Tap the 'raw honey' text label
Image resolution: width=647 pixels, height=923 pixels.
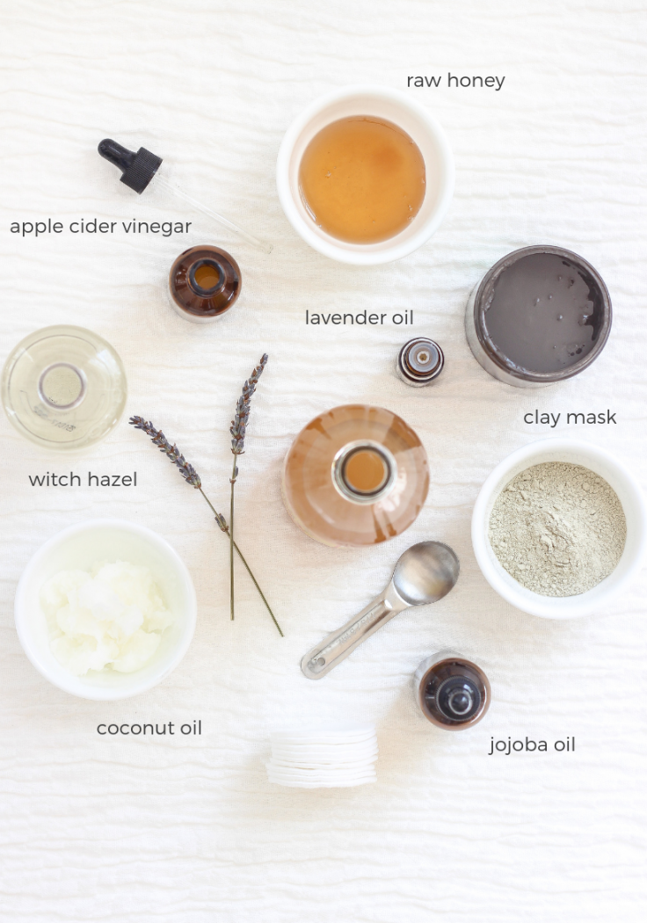(455, 81)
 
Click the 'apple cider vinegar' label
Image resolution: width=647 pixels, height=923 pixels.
(100, 227)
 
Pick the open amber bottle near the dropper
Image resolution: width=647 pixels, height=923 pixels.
(205, 281)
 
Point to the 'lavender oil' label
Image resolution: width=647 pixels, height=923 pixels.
(359, 317)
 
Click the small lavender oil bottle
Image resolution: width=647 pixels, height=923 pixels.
(420, 360)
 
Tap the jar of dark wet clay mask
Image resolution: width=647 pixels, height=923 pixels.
(538, 315)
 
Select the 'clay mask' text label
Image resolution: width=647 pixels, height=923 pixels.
(570, 417)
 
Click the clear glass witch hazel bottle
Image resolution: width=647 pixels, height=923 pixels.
(63, 387)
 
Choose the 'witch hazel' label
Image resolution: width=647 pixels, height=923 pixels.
(83, 479)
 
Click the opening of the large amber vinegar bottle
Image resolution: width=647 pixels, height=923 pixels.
(364, 471)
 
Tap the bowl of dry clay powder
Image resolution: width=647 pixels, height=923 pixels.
(557, 529)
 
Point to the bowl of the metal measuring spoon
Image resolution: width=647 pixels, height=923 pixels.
(425, 573)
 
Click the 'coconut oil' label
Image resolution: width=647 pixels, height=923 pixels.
(149, 728)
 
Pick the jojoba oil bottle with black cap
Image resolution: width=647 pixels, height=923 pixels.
(453, 692)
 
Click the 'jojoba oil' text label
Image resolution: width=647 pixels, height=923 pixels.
(532, 745)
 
